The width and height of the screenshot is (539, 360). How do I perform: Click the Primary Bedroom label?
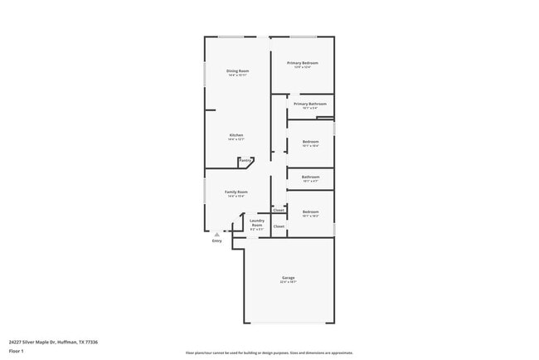pos(303,63)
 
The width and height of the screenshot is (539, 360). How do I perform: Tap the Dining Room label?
pos(238,71)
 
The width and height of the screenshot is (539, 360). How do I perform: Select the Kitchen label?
pos(236,135)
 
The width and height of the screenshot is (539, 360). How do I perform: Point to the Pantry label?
pos(245,160)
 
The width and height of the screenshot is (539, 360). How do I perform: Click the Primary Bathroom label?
pos(310,104)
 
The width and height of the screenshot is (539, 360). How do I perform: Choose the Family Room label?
pos(236,192)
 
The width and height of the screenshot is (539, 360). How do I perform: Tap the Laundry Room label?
pos(257,222)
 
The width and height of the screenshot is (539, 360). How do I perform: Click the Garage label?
pos(288,278)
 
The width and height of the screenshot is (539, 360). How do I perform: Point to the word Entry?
pos(217,241)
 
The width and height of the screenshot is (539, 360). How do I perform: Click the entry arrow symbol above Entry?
pos(217,235)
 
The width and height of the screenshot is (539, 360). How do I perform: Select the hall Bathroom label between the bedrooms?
pos(311,177)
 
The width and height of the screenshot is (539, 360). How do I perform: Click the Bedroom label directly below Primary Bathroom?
pos(311,142)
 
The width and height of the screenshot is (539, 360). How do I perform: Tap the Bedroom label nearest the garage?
pos(311,212)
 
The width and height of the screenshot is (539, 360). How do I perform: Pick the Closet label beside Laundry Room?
pos(279,226)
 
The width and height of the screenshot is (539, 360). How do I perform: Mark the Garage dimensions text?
pos(288,283)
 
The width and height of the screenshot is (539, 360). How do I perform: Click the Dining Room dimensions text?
pos(238,75)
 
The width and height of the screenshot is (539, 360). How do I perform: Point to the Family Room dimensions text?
pos(236,197)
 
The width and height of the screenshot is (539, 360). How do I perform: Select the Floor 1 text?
pos(16,351)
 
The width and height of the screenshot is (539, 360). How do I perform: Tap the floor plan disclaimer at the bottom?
pos(269,353)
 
